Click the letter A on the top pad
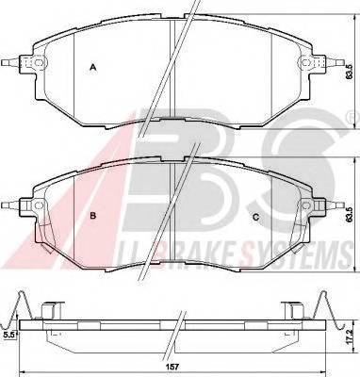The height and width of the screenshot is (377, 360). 92,67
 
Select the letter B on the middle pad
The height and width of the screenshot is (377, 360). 92,216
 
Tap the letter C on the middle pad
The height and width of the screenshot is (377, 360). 256,216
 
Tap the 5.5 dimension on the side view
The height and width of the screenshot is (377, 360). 8,334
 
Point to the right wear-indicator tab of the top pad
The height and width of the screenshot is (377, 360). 331,63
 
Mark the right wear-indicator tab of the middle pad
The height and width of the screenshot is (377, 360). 331,203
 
